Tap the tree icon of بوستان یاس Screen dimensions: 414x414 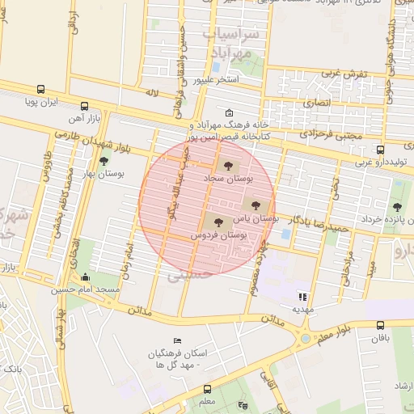point(256,205)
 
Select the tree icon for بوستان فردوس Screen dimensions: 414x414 point(218,221)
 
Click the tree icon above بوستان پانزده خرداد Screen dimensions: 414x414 point(397,185)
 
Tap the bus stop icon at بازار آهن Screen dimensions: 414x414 point(85,107)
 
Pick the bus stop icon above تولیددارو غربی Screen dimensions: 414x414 point(380,150)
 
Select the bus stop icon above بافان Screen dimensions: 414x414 point(380,325)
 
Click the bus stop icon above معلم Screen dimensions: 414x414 point(208,389)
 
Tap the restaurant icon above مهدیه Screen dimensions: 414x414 point(303,296)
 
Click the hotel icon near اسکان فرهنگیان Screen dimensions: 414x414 point(178,340)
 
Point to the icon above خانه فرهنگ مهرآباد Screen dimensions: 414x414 point(230,113)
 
